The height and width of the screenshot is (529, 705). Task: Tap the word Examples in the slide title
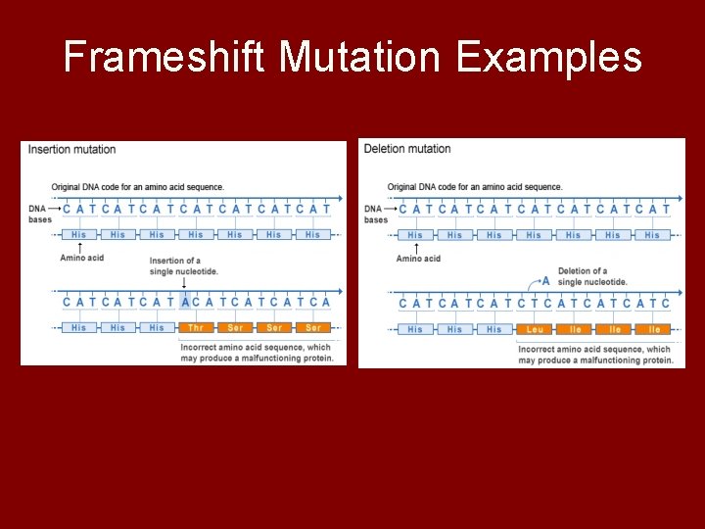(548, 58)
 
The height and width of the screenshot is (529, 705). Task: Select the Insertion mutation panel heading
(71, 150)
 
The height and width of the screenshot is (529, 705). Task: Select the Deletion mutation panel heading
(407, 149)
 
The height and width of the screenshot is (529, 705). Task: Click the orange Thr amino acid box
(196, 327)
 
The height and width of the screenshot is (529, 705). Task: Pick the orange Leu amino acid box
(535, 329)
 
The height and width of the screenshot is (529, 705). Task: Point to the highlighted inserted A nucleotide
(185, 303)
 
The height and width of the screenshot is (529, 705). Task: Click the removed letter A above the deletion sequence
(545, 280)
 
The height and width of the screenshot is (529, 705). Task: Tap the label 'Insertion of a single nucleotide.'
(183, 266)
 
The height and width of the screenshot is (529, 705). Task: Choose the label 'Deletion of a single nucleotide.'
(592, 276)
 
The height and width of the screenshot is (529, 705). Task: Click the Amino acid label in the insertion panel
(81, 258)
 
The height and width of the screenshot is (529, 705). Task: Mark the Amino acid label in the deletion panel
(418, 259)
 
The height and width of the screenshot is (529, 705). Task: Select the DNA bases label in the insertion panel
(39, 214)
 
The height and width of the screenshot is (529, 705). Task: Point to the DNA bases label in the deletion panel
(375, 214)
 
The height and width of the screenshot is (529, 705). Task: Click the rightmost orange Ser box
(313, 327)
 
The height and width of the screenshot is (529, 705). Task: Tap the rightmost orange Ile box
(654, 329)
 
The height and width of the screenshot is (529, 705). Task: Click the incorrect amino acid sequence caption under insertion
(257, 353)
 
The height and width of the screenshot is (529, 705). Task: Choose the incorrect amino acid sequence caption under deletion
(594, 355)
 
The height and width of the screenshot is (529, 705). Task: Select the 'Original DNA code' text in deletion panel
(475, 187)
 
